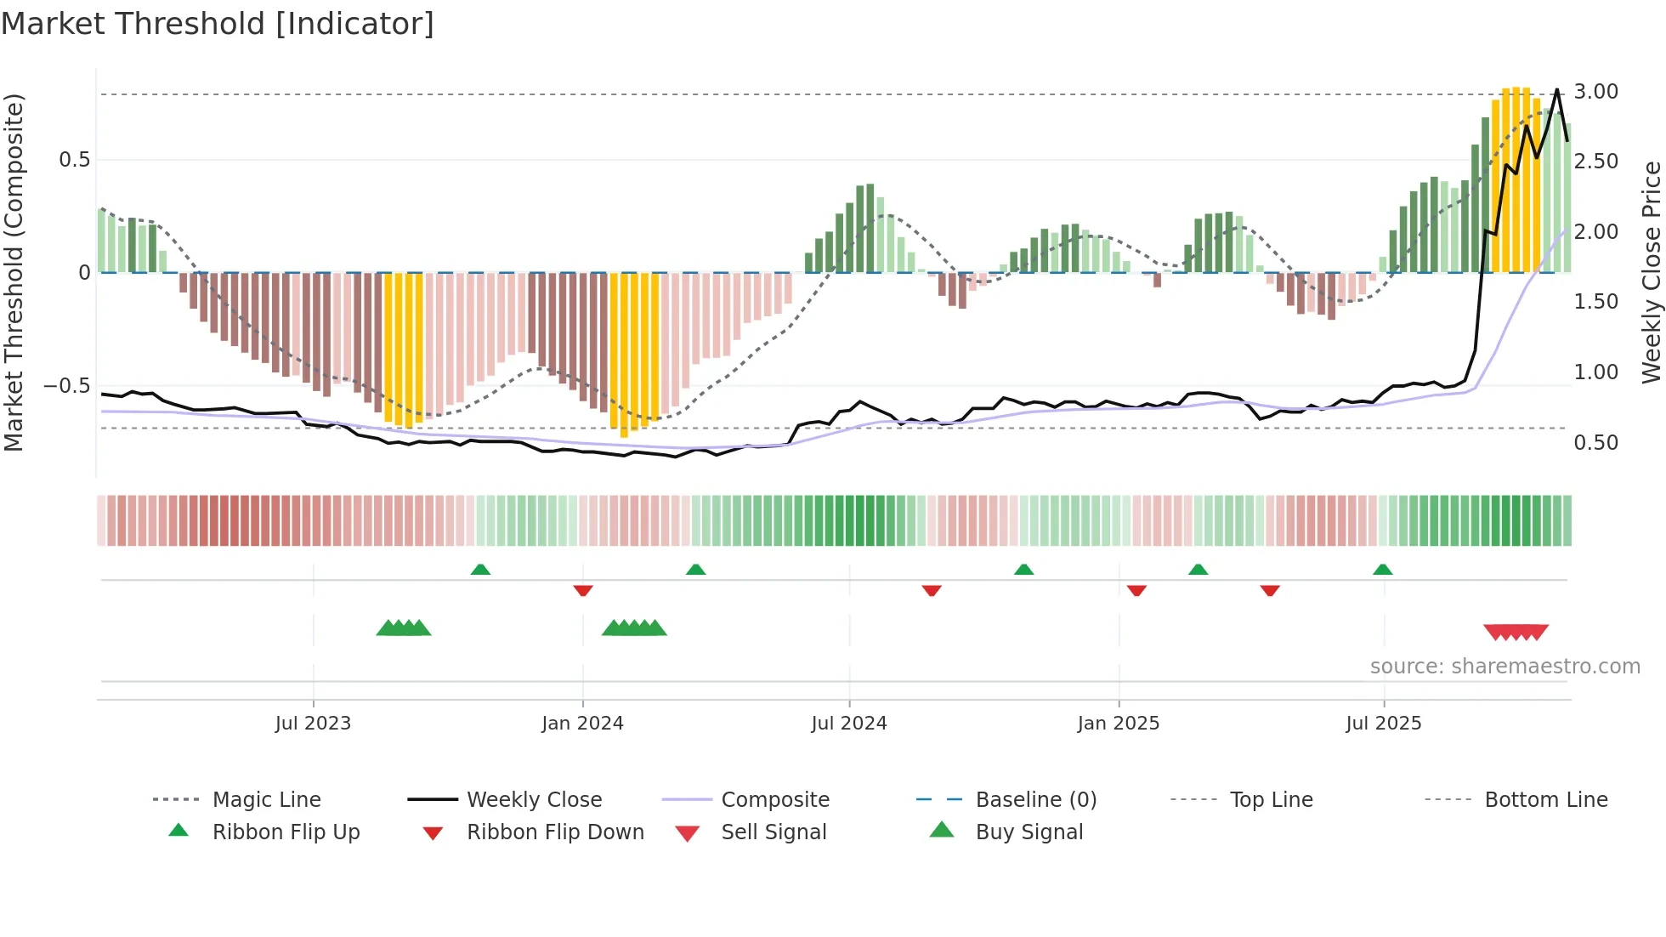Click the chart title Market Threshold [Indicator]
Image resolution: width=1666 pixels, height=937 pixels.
pos(218,24)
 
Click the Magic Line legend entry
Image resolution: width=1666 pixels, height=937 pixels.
pos(266,800)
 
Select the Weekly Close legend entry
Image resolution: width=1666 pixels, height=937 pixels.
pos(534,800)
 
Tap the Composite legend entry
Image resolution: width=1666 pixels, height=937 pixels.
pos(774,800)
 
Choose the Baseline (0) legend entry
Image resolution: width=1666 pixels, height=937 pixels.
pos(1035,800)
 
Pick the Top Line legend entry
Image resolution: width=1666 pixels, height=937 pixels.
pos(1271,800)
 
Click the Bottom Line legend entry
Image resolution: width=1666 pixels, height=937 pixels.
pos(1545,800)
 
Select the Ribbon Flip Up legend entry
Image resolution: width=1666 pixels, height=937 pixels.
pos(286,832)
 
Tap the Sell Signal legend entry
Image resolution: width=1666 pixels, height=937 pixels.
pos(773,832)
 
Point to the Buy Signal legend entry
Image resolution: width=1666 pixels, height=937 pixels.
pos(1028,832)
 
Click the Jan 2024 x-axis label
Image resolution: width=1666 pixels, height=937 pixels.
pos(582,724)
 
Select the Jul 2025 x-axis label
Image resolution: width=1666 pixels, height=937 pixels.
pos(1383,724)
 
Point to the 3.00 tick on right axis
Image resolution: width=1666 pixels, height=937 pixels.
pos(1595,92)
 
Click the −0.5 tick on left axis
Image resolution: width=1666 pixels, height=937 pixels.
pos(67,386)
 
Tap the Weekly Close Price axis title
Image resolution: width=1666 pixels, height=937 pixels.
pos(1651,272)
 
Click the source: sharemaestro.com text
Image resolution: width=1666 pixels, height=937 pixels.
pos(1504,667)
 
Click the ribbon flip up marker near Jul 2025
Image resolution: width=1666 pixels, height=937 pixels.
pos(1382,570)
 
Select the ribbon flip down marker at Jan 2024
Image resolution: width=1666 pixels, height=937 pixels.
pos(583,590)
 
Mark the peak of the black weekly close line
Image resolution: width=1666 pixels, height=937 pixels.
pos(1557,90)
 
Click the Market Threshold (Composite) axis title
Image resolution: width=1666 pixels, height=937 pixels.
pos(14,272)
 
